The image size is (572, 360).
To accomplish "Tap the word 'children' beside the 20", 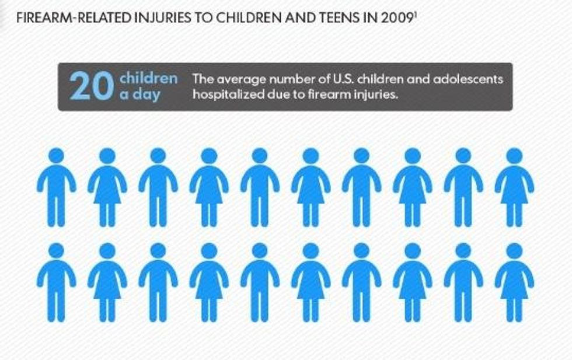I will point(148,78).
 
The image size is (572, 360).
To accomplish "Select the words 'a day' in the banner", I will point(139,94).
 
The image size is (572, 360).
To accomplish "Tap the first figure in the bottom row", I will point(56,283).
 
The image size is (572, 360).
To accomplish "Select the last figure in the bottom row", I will point(514,283).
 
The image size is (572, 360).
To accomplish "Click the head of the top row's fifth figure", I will point(260,156).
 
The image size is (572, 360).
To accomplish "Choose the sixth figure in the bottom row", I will point(311,283).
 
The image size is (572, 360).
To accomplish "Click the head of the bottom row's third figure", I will point(158,251).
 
